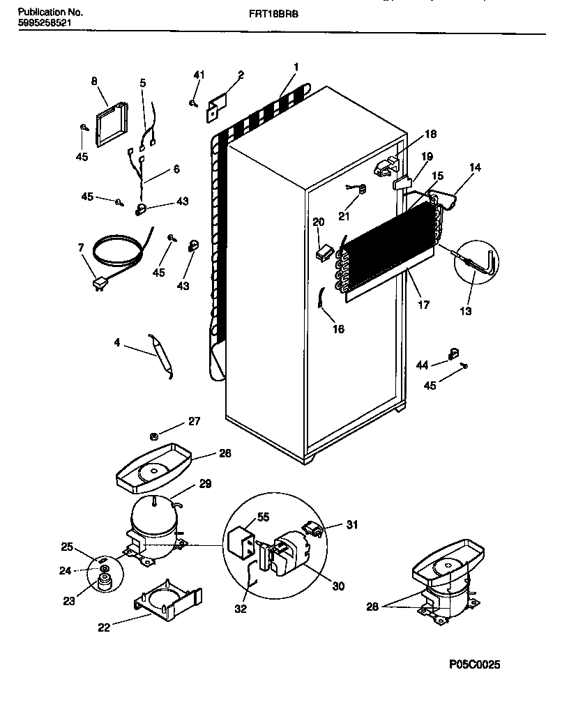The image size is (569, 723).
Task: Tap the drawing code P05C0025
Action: tap(474, 664)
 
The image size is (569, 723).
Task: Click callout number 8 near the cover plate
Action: tap(94, 81)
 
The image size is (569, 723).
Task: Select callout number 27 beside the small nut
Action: tap(193, 421)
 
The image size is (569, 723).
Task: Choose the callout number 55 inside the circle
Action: tap(263, 518)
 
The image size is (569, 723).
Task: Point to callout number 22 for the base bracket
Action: tap(104, 627)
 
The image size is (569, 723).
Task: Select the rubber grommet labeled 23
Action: tap(105, 581)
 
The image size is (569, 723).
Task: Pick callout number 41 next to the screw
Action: tap(199, 75)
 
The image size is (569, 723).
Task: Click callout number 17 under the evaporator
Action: tap(424, 304)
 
